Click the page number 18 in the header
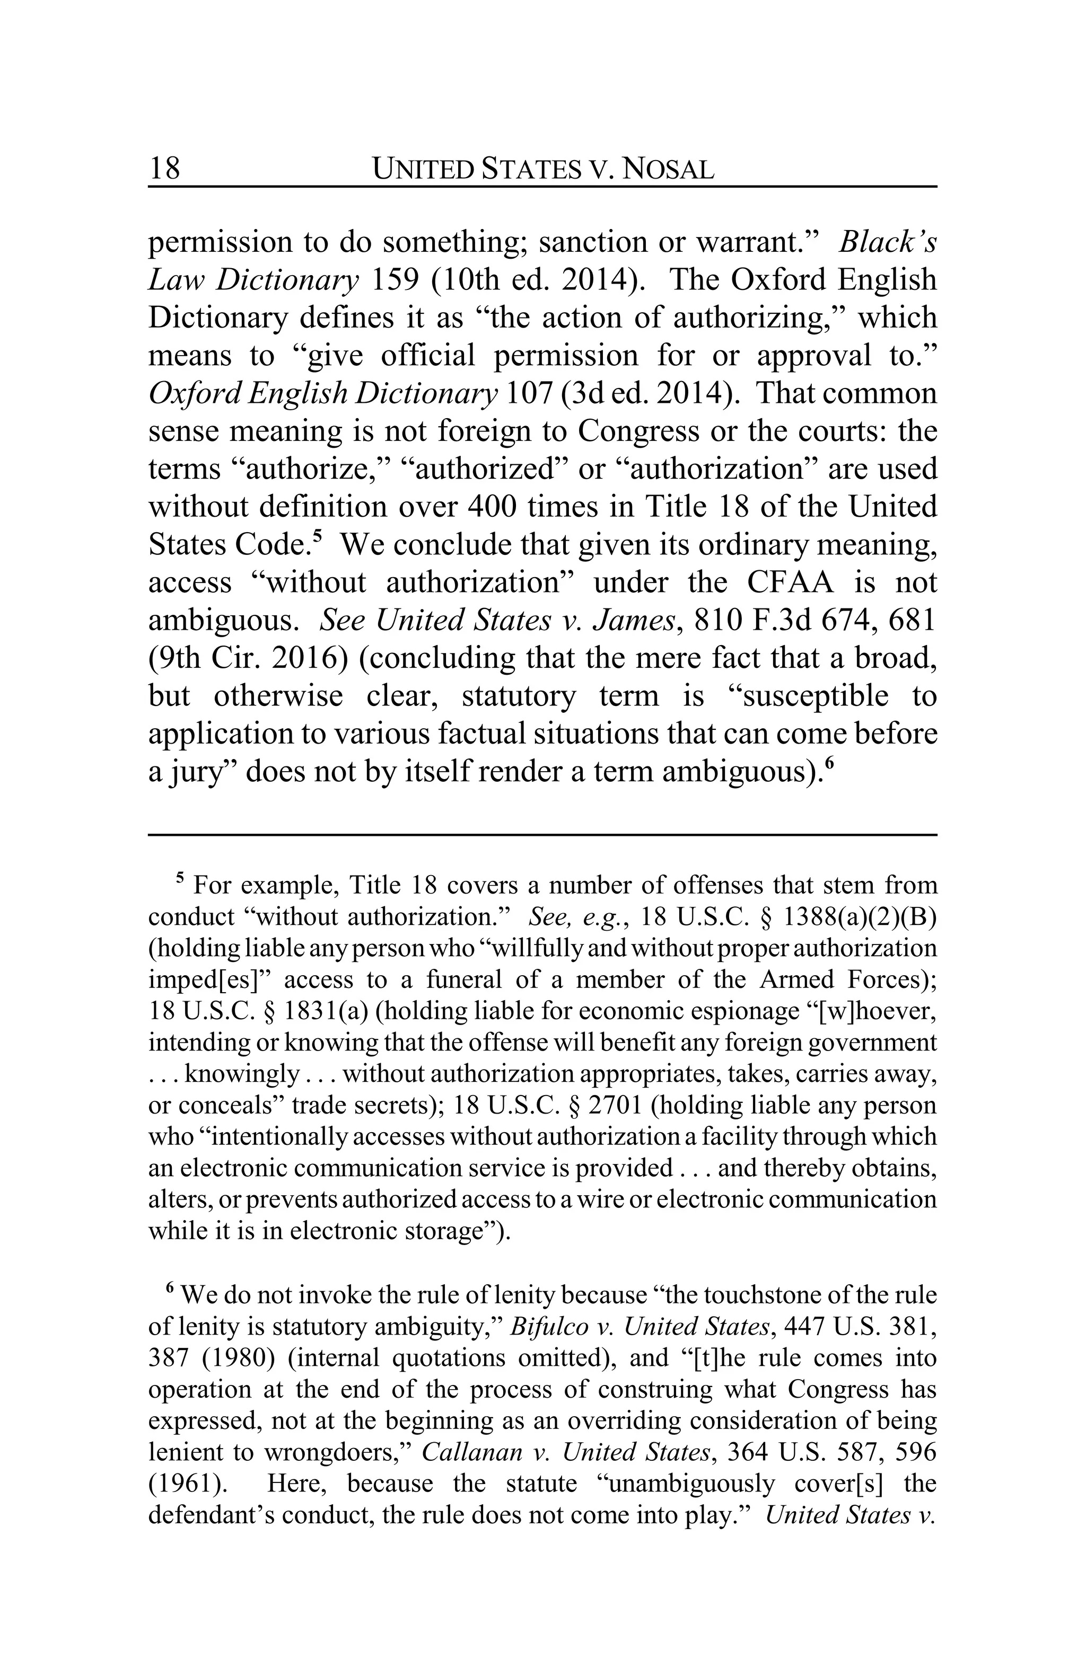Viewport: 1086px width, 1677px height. pos(164,169)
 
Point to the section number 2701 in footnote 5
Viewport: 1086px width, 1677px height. pos(615,1105)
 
